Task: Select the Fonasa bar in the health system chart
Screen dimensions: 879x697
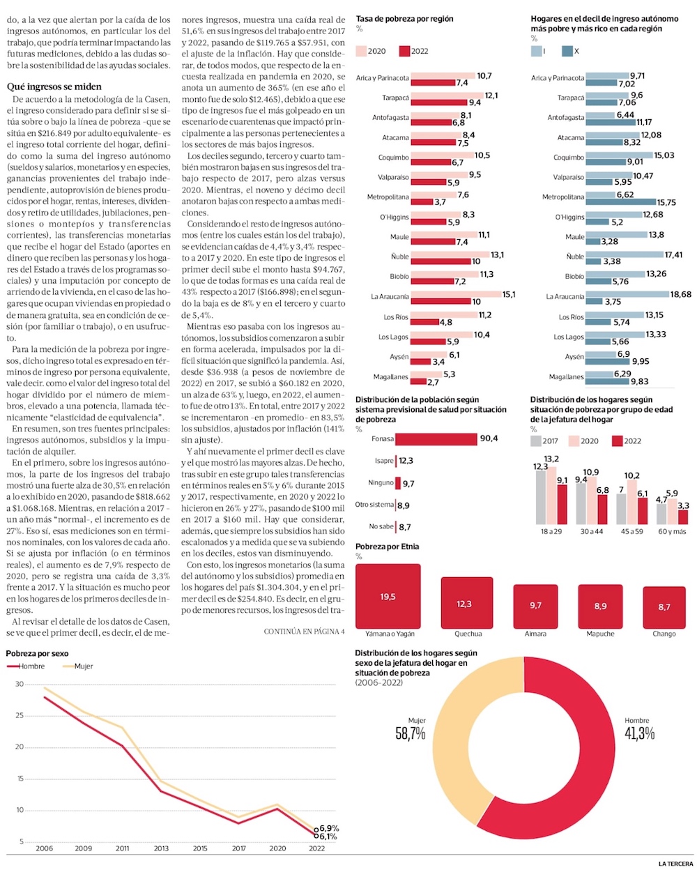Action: (x=436, y=439)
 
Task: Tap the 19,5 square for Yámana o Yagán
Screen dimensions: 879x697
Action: (x=388, y=597)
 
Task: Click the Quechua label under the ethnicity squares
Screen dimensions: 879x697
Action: (x=468, y=634)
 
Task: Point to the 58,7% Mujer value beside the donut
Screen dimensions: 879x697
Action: (x=411, y=733)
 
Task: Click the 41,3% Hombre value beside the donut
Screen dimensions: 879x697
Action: (x=639, y=733)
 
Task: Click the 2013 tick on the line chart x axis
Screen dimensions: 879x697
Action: (x=161, y=848)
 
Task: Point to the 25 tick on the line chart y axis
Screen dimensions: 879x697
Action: (x=20, y=716)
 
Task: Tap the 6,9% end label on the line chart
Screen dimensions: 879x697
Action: (x=330, y=828)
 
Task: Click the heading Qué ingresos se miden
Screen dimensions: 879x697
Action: (x=54, y=87)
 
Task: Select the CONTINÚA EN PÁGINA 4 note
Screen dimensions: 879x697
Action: (x=304, y=632)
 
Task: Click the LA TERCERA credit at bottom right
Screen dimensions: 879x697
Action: (x=675, y=864)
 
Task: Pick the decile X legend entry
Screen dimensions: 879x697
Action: (x=571, y=51)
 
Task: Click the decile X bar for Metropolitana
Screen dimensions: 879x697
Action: (x=620, y=202)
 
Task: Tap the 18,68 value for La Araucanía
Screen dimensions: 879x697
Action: (x=681, y=294)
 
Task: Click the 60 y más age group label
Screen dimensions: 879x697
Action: (x=672, y=531)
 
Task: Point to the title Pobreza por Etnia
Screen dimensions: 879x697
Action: (x=388, y=546)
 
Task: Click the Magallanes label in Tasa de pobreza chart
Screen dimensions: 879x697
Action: (x=391, y=377)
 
